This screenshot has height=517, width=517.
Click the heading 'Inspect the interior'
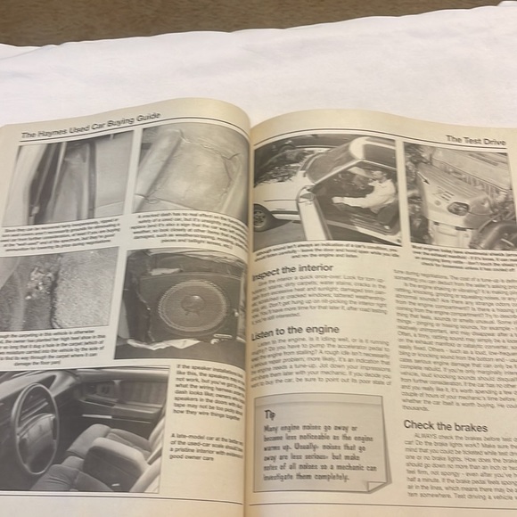click(294, 270)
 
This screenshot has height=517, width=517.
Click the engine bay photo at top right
click(460, 196)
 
